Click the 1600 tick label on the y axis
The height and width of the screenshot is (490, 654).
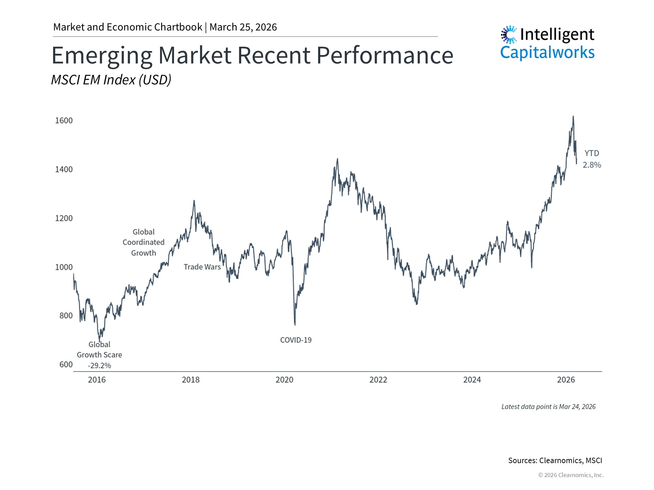(64, 120)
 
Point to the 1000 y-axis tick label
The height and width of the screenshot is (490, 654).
(64, 267)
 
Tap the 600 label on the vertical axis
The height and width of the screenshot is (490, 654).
(66, 364)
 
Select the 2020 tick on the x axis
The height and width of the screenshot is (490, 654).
(284, 380)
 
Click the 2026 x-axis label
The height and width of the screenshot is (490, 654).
(566, 380)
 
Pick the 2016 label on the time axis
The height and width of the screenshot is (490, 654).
(97, 380)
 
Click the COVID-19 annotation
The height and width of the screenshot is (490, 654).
(296, 340)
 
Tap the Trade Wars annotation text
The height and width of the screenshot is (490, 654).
(202, 267)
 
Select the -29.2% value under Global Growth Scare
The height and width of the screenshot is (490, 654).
(99, 365)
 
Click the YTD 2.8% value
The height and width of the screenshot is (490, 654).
(592, 165)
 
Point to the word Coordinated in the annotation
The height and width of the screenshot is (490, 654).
(143, 242)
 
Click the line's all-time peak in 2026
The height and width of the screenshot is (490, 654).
(573, 116)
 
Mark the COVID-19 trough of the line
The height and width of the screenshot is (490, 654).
(295, 325)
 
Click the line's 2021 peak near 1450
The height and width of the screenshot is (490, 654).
(338, 159)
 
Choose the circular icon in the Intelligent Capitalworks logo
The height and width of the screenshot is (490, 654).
(509, 35)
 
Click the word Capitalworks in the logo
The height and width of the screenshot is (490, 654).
(547, 53)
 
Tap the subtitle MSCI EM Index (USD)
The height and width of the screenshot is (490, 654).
(111, 80)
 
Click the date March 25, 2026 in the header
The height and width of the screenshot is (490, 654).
(243, 27)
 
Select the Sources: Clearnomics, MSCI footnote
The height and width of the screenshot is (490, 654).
(555, 460)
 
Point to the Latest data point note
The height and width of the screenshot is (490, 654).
(548, 407)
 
